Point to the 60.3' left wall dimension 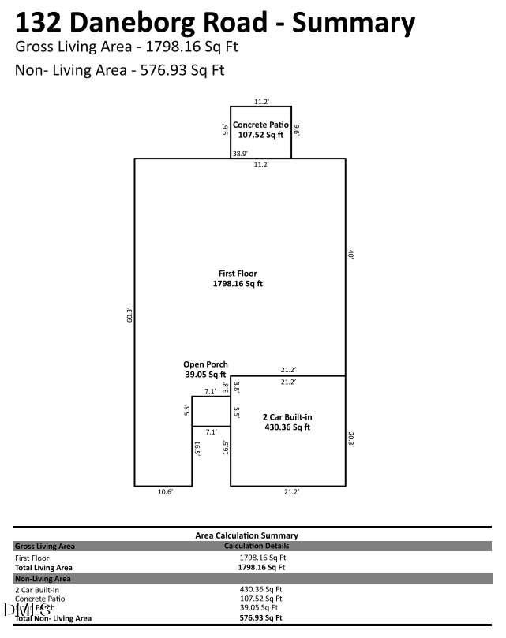click(129, 315)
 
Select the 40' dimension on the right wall click(350, 255)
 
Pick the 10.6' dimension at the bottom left click(164, 492)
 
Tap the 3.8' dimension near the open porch click(225, 387)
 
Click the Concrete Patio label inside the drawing click(260, 125)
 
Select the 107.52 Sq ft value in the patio click(260, 135)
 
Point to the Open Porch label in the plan click(206, 364)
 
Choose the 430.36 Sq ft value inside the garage click(287, 427)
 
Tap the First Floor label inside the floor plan click(238, 273)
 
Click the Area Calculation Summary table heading click(246, 535)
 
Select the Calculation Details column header click(257, 546)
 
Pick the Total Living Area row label click(43, 567)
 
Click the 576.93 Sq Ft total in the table click(260, 617)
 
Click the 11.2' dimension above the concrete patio click(261, 102)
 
